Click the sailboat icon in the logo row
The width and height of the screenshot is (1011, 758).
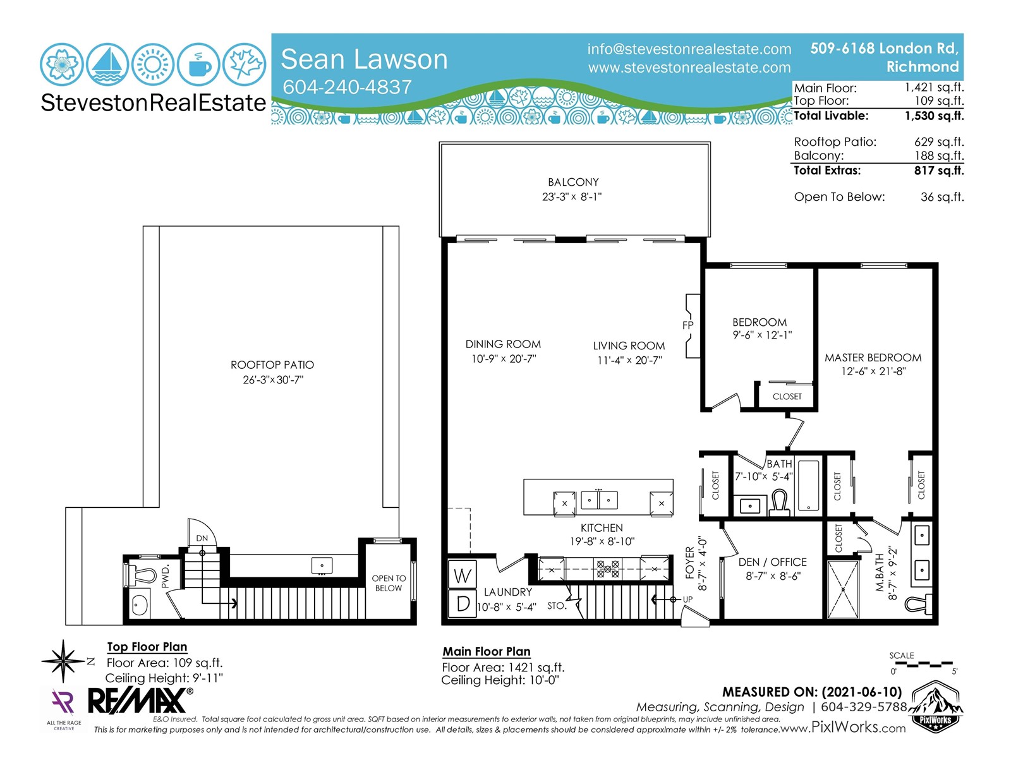(x=107, y=64)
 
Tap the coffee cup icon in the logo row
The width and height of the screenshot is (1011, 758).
(x=198, y=64)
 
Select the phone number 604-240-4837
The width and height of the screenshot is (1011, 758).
(x=348, y=87)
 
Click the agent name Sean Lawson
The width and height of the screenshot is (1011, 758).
(x=364, y=59)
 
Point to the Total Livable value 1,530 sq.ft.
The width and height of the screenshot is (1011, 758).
(x=934, y=116)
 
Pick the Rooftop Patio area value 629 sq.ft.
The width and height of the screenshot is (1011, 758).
(x=939, y=141)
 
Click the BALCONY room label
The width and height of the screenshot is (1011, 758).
(x=573, y=183)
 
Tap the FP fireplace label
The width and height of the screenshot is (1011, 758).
(x=687, y=325)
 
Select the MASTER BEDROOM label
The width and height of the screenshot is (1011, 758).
(x=873, y=358)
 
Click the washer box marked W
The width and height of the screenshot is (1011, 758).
(x=463, y=575)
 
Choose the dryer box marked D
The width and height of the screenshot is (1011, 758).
(x=463, y=603)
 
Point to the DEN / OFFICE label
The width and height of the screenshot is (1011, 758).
(x=772, y=562)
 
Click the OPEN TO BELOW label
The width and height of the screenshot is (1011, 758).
(x=389, y=583)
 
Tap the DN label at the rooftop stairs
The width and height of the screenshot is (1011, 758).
(x=202, y=538)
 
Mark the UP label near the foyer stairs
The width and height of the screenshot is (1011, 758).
(x=687, y=599)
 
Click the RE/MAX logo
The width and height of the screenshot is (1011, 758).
(x=140, y=701)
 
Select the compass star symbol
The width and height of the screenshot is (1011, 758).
(x=63, y=661)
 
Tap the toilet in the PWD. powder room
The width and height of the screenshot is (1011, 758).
(x=141, y=575)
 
